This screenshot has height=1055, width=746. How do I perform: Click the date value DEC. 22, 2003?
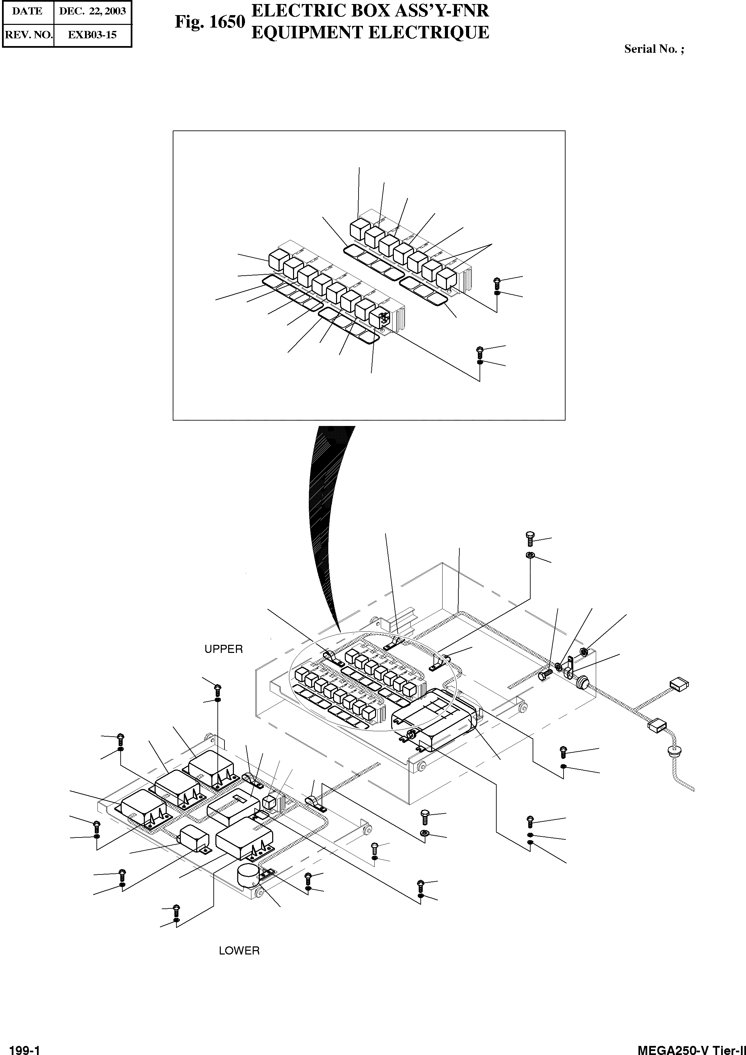click(92, 11)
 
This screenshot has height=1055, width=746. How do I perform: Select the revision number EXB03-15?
click(92, 35)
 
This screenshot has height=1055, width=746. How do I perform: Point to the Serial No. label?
click(653, 49)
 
